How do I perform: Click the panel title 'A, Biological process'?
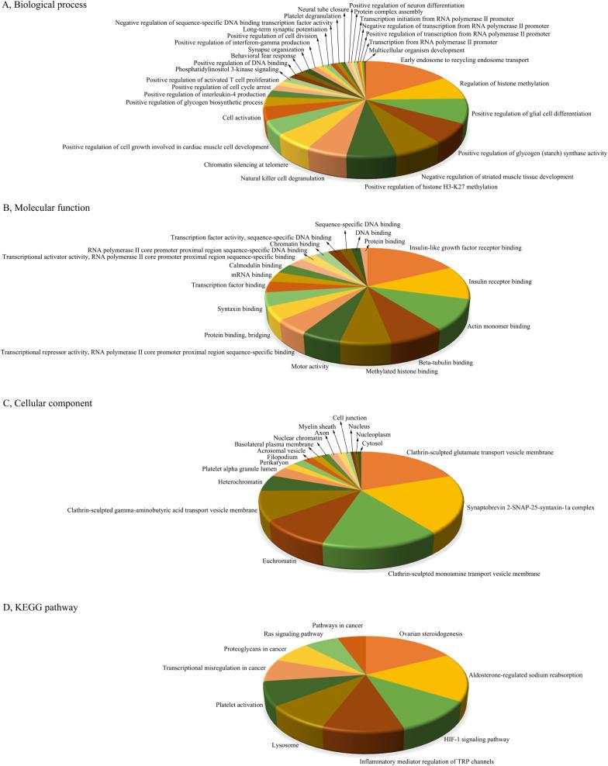[44, 6]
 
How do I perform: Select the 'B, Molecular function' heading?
[47, 208]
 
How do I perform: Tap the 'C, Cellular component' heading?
[48, 402]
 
